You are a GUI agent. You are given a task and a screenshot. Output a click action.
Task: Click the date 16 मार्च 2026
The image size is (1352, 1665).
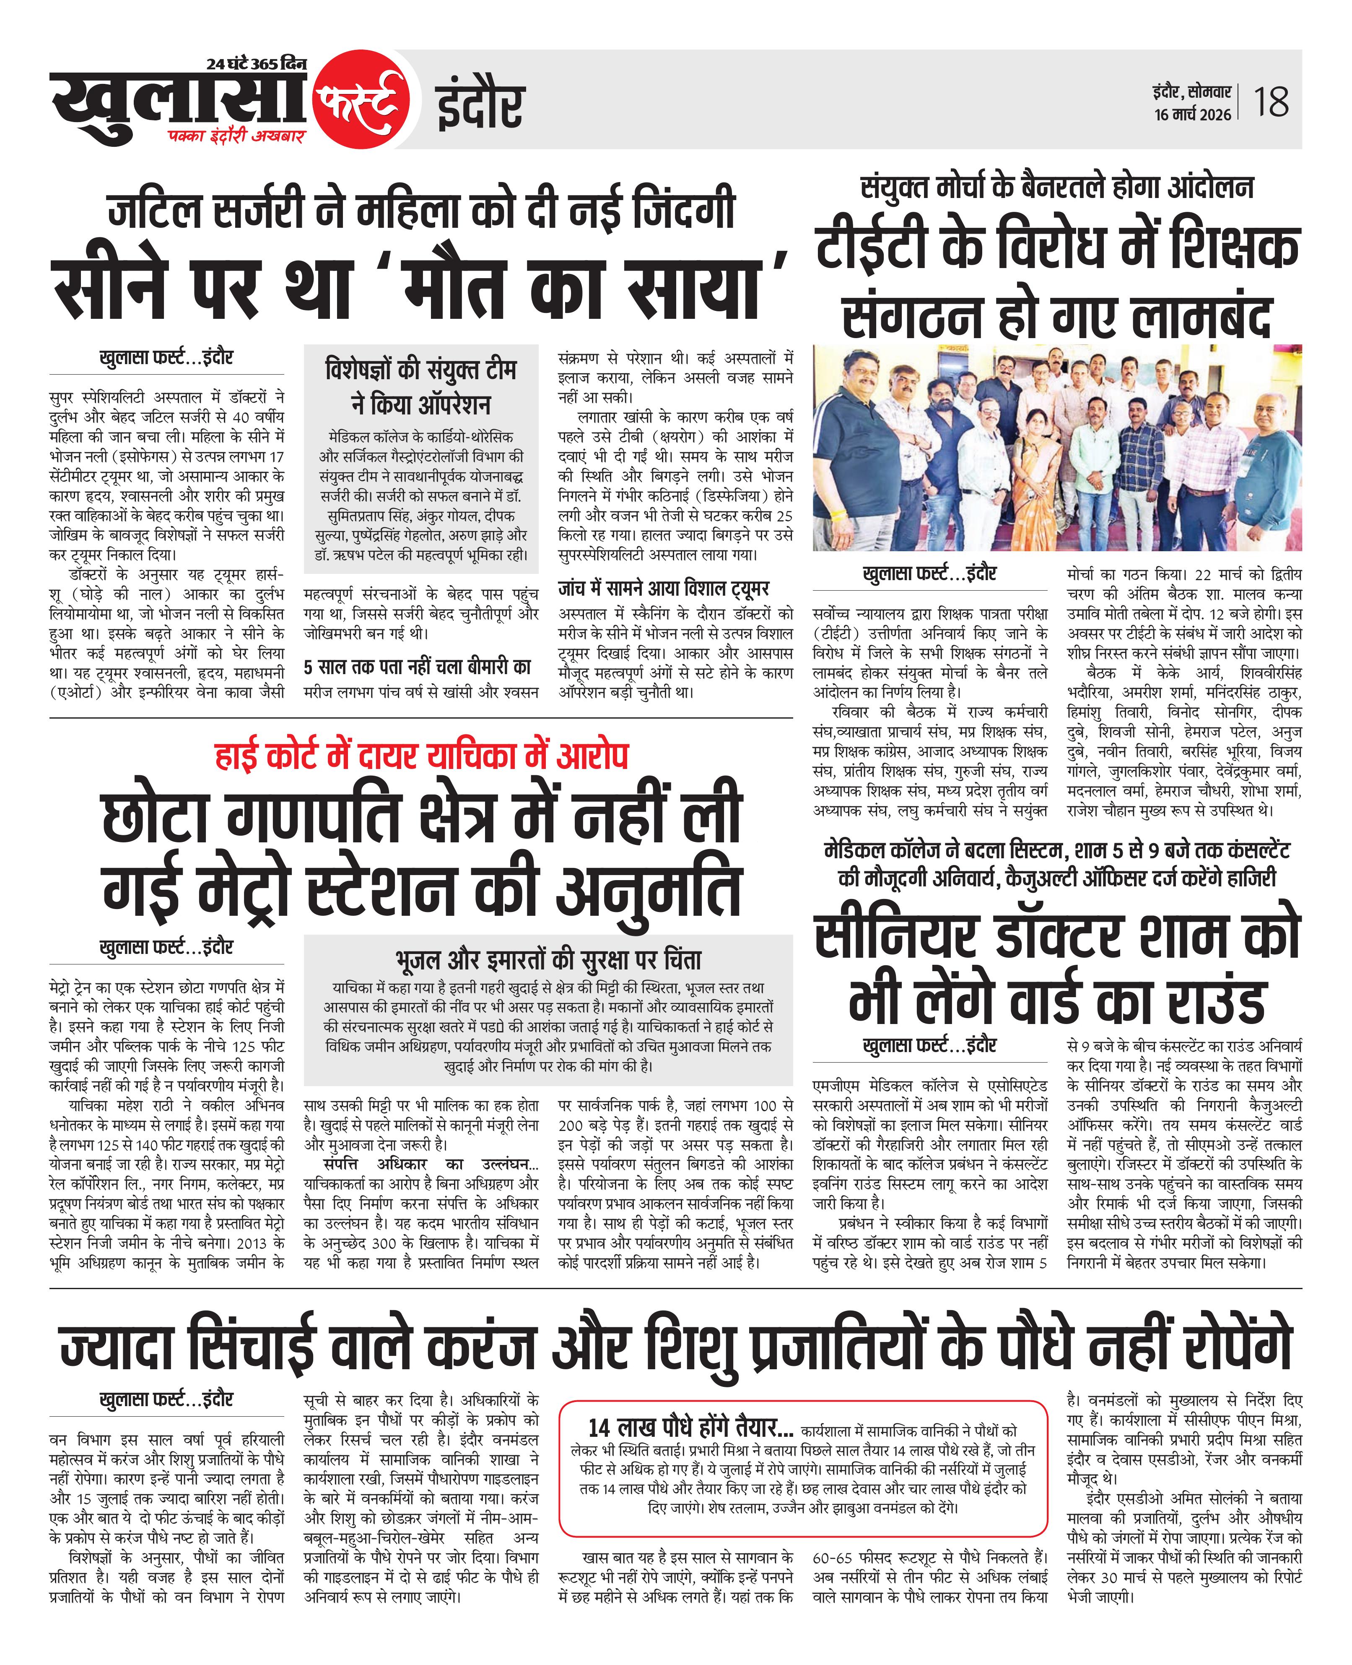tap(1192, 115)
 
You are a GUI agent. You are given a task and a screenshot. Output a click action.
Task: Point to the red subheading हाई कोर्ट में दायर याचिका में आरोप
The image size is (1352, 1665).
tap(421, 756)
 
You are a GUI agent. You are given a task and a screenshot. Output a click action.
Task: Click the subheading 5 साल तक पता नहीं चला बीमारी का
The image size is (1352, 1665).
tap(418, 667)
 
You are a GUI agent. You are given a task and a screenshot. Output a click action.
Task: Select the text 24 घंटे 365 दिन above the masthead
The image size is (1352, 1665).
tap(257, 65)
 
